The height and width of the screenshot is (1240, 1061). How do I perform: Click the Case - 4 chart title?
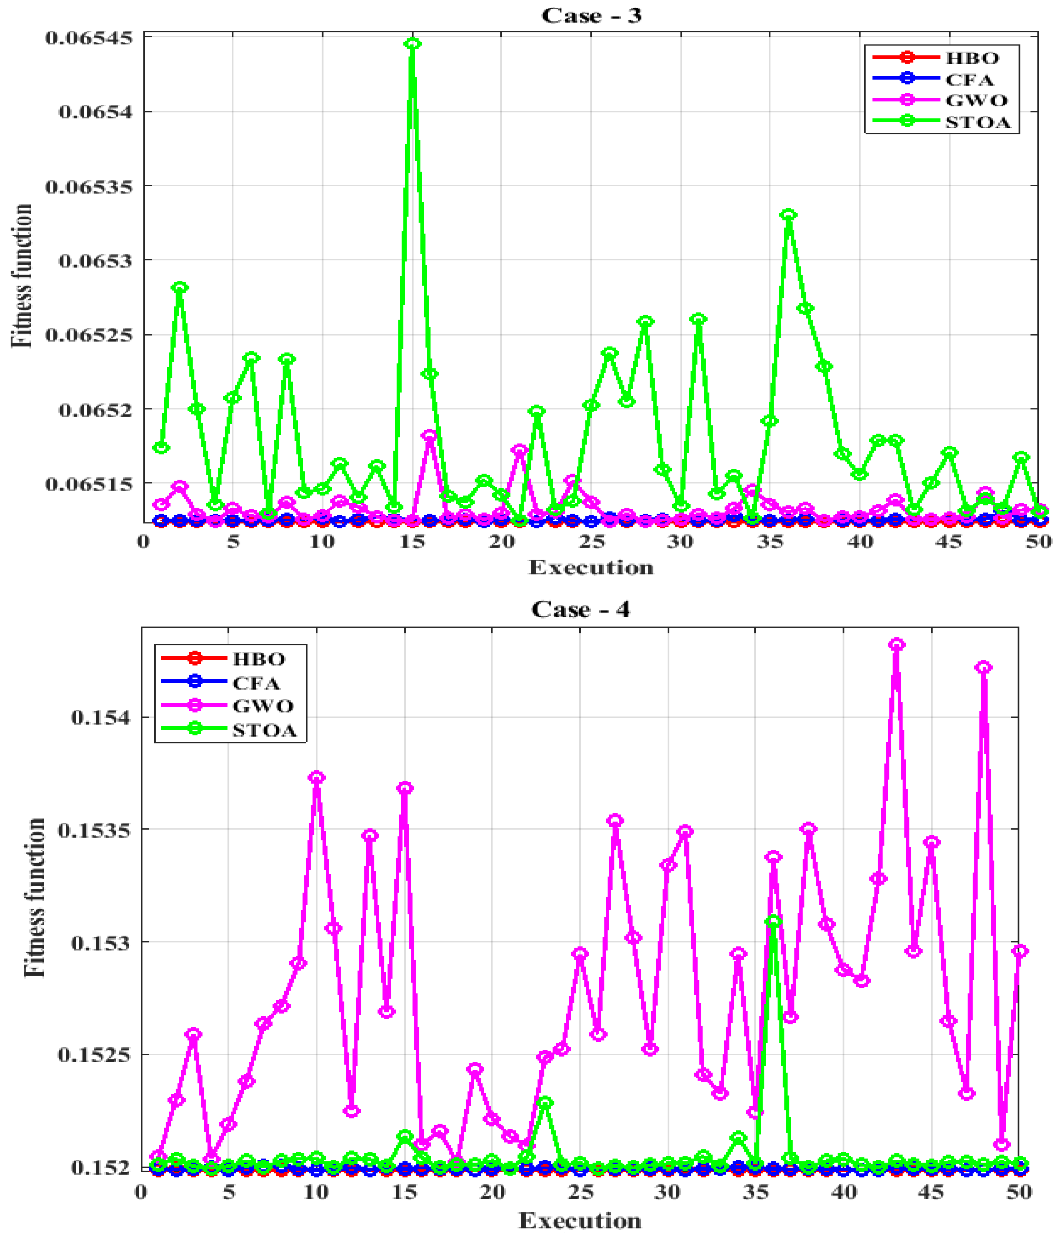coord(580,609)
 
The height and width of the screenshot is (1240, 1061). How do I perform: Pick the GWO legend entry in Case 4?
coord(263,706)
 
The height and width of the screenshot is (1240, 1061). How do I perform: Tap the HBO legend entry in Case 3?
coord(972,58)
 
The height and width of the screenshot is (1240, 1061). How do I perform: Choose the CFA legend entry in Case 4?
coord(256,683)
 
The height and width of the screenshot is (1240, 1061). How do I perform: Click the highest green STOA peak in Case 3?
coord(412,44)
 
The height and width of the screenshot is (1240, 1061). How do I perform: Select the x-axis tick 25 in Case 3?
coord(591,542)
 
